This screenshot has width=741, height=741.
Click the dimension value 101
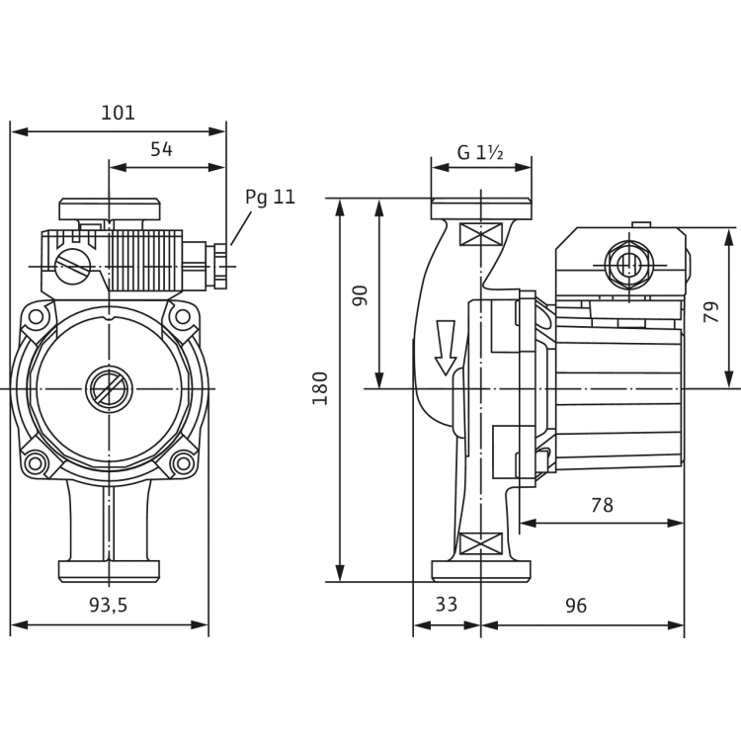(119, 113)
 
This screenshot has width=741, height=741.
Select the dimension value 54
(162, 149)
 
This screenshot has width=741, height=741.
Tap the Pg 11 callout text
(270, 197)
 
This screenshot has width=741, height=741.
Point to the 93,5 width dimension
(109, 605)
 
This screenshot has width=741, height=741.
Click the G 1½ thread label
(480, 152)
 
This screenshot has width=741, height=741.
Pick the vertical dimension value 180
(320, 388)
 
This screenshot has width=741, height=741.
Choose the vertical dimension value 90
(360, 295)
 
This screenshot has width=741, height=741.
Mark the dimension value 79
(710, 312)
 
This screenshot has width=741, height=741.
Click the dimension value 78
(602, 505)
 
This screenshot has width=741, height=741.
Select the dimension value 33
(447, 605)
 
